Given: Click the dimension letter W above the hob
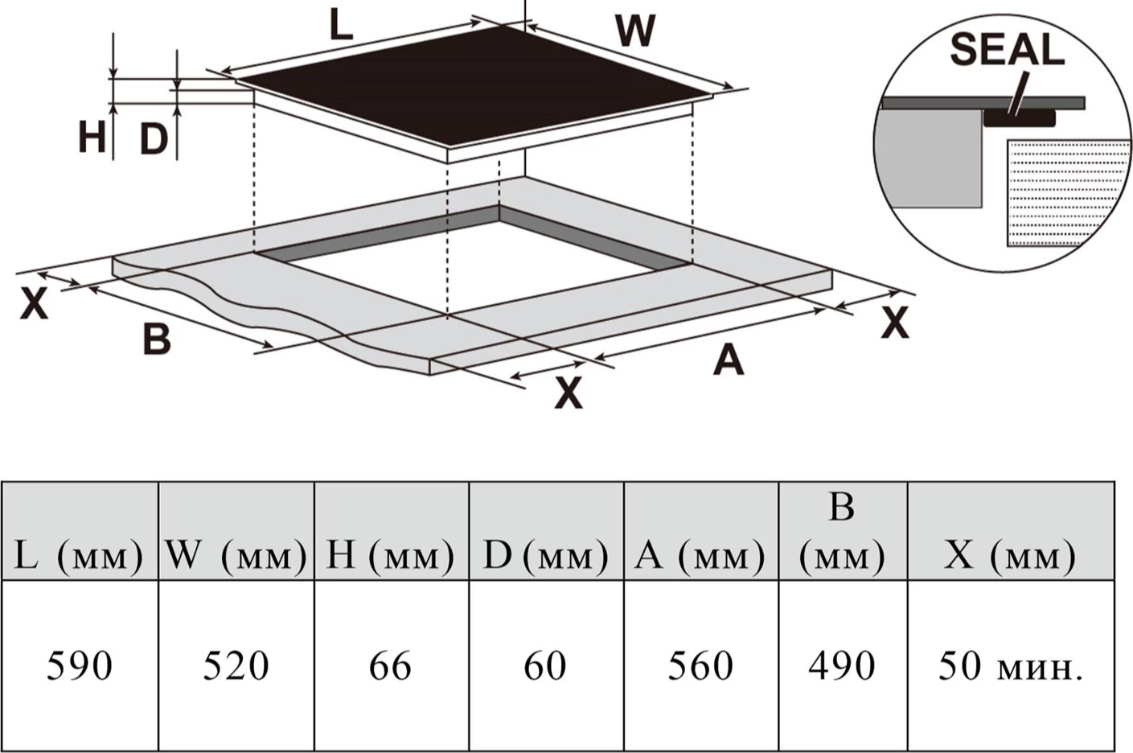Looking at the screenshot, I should coord(635,31).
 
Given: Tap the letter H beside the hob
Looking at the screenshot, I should coord(91,138).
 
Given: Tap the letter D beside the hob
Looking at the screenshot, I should coord(153,139).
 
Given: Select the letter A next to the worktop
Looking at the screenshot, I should coord(729,360).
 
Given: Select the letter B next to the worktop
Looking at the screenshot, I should coord(157,339).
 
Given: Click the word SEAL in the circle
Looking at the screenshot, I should coord(1007,50).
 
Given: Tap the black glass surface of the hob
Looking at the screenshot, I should coord(474,88).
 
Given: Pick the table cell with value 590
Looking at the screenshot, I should coord(79,666).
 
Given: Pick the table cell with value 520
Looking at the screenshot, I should coord(236,666).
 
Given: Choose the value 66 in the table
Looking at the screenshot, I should coord(390,666).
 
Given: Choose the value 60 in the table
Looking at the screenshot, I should coord(545,666).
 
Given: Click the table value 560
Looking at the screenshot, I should coord(700,666).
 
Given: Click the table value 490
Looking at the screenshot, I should coord(842,666).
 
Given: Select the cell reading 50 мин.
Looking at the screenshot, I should coord(1010,666).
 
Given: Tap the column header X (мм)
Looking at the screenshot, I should coord(1010,555).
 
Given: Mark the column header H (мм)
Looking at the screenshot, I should coord(390,555).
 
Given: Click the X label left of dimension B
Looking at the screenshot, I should coord(33,304).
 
